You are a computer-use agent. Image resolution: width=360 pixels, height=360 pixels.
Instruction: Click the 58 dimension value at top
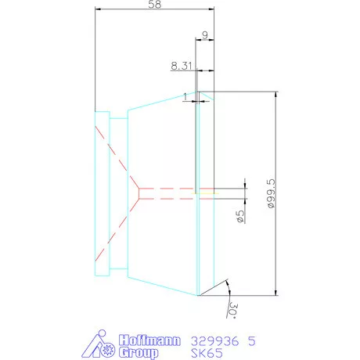click(x=153, y=5)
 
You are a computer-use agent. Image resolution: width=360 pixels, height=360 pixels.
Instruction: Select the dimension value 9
click(x=204, y=36)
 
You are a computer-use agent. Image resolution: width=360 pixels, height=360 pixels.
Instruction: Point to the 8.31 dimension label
click(x=181, y=67)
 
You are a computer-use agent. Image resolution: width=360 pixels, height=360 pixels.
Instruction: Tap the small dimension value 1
click(x=185, y=97)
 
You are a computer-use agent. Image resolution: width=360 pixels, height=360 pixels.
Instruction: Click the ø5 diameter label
click(x=239, y=214)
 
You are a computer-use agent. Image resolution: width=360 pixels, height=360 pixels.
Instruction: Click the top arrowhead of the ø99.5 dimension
click(x=276, y=95)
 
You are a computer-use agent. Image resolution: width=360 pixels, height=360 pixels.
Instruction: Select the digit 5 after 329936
click(x=250, y=340)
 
